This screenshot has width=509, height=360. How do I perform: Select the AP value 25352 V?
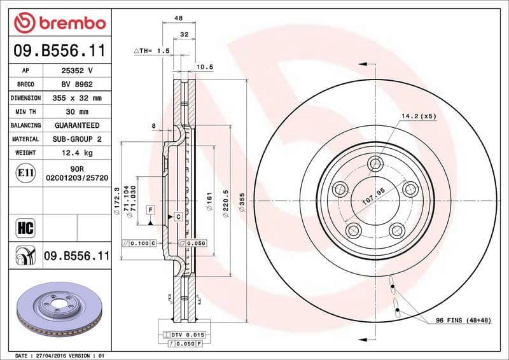(x=77, y=71)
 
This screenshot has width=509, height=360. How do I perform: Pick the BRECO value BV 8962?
(x=77, y=85)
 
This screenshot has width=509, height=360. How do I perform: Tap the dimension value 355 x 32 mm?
(x=77, y=99)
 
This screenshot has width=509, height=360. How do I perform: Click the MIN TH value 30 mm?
(x=77, y=112)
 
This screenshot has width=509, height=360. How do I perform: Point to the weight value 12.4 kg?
(x=77, y=153)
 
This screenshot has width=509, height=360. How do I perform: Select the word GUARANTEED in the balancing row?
(x=77, y=125)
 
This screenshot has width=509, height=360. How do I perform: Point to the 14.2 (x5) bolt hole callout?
(x=418, y=116)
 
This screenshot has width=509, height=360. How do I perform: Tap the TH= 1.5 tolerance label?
(x=151, y=50)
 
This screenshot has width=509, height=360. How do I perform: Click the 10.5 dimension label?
(x=204, y=66)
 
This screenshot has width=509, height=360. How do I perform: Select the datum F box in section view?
(x=150, y=209)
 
